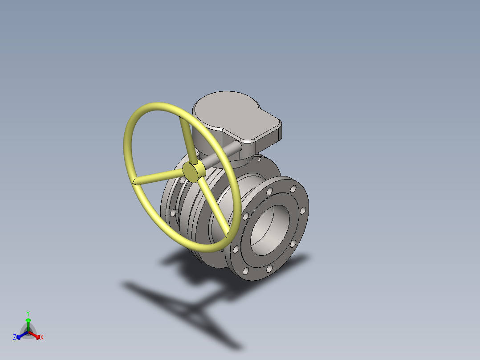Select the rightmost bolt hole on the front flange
303,210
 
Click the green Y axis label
28,313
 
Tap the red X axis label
42,338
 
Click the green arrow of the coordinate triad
28,322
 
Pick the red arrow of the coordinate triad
37,335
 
